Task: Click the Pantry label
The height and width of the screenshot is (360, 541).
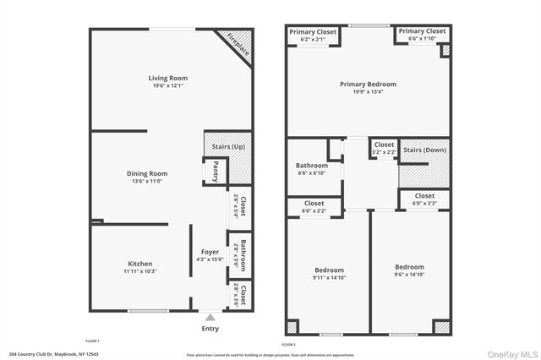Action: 216,172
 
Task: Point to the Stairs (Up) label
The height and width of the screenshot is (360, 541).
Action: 228,146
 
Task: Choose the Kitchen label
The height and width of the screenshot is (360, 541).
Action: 139,264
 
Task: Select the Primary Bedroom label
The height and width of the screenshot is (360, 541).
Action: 368,85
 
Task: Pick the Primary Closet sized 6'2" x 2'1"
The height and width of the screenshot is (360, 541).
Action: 313,35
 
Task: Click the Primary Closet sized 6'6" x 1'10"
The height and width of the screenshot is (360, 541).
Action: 422,35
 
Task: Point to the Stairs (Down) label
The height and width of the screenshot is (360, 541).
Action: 424,150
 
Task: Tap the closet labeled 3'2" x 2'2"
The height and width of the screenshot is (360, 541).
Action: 384,148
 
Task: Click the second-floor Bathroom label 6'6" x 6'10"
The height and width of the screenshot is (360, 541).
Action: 311,169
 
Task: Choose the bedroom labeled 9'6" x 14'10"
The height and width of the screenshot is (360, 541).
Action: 409,270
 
